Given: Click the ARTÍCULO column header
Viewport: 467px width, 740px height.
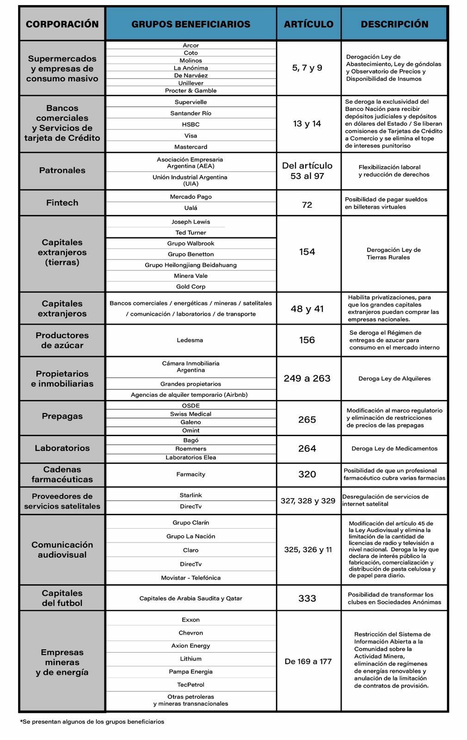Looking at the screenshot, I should click(308, 24).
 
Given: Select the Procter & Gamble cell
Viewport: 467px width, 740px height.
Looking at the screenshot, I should click(190, 91).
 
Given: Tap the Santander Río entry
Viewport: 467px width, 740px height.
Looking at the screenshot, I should click(190, 113).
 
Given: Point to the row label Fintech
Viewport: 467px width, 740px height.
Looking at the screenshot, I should click(62, 203).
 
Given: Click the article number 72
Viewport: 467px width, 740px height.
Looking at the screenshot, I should click(307, 205).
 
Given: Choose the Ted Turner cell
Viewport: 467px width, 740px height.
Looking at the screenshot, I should click(190, 233).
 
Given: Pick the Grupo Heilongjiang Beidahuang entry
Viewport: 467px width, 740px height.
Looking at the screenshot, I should click(190, 265).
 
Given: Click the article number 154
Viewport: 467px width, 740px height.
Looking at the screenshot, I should click(307, 252).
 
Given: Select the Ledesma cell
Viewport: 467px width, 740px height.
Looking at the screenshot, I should click(190, 340).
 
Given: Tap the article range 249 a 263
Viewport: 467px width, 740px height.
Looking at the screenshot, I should click(307, 378).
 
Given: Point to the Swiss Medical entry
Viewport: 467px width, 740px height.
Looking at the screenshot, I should click(190, 414).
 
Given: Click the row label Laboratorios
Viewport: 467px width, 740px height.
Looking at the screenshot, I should click(62, 448).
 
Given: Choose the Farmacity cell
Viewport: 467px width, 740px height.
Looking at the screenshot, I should click(190, 474).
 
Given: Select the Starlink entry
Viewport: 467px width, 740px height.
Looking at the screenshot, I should click(190, 495).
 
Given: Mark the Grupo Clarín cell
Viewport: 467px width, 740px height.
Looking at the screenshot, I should click(190, 523).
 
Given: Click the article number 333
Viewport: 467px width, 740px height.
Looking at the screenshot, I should click(307, 598).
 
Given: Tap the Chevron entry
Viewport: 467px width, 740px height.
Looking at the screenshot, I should click(190, 633).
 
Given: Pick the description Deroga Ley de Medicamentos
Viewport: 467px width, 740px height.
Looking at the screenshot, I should click(394, 449).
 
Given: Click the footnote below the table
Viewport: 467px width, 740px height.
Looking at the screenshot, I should click(92, 721).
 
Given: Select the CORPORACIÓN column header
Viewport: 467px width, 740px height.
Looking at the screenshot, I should click(62, 24).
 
